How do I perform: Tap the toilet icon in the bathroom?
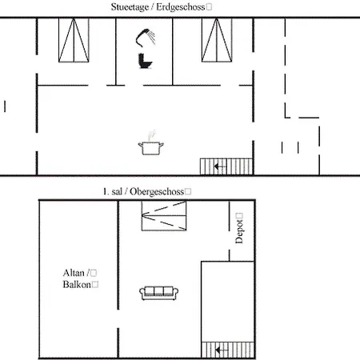(145, 61)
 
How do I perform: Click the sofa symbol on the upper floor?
(159, 293)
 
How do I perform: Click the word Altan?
(74, 273)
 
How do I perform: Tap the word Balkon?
(77, 285)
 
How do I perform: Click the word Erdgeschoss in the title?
(181, 7)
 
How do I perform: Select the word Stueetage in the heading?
(130, 7)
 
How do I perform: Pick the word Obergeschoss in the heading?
(157, 191)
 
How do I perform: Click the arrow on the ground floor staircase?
(220, 166)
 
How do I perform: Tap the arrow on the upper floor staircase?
(222, 350)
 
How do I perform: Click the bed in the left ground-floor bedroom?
(74, 40)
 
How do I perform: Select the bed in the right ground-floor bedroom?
(217, 40)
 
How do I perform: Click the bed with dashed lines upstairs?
(164, 216)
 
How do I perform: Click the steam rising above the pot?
(152, 135)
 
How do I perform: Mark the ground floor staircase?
(226, 166)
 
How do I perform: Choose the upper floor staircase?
(228, 350)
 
